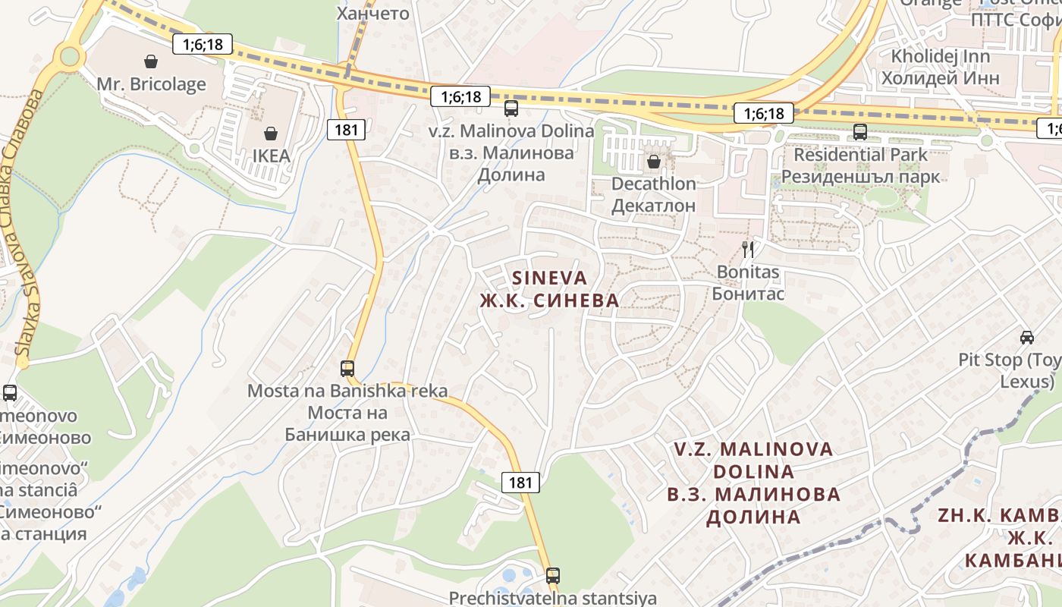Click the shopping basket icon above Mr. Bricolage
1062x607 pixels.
151,61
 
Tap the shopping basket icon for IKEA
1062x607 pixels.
271,134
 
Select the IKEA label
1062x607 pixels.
271,156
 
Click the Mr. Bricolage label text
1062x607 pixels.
151,83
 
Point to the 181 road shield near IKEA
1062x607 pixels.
346,130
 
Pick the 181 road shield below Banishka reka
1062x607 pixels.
520,482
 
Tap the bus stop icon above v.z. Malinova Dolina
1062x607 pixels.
511,109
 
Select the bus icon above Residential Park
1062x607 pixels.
860,132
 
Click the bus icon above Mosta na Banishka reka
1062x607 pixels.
347,369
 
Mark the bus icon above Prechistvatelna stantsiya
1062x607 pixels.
553,575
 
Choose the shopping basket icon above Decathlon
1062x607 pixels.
654,161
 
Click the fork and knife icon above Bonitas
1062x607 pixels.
748,249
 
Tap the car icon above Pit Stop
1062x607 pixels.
1027,337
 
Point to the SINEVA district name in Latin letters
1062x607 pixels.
549,278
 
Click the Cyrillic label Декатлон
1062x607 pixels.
654,206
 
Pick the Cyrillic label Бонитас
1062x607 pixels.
748,294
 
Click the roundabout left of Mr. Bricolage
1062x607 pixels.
70,55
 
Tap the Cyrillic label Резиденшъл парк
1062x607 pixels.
860,177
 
